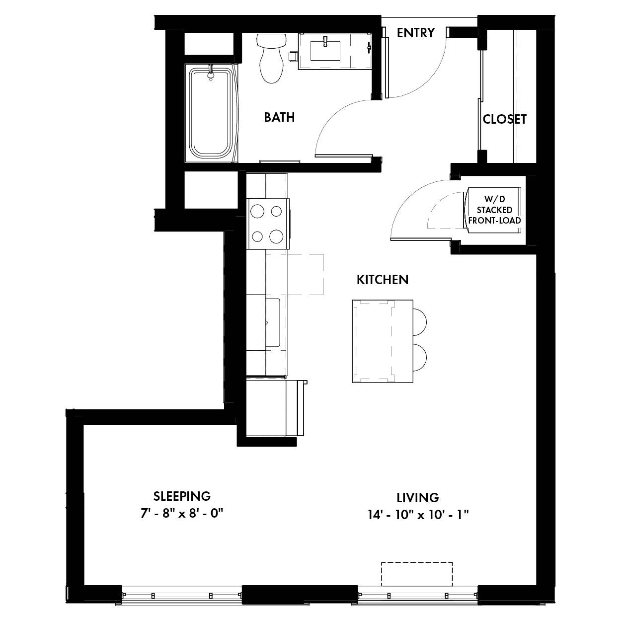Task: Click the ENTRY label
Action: click(x=415, y=33)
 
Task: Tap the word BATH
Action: click(x=279, y=117)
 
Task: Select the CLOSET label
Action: click(x=504, y=120)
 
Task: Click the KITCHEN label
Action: click(x=383, y=280)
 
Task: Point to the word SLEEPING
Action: click(x=182, y=496)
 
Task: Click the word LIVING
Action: click(x=418, y=498)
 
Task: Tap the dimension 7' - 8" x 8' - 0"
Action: click(x=182, y=513)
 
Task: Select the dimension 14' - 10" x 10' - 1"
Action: click(x=418, y=515)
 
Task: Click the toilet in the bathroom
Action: click(x=271, y=58)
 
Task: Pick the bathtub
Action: click(x=211, y=113)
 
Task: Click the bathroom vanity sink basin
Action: click(x=325, y=51)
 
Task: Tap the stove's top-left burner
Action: click(x=257, y=212)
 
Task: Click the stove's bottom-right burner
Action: click(x=276, y=237)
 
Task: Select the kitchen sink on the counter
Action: click(x=273, y=322)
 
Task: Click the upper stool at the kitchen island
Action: click(x=420, y=322)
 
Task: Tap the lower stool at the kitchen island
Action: click(x=420, y=357)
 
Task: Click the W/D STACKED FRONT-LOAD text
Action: click(x=494, y=210)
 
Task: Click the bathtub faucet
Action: click(x=211, y=73)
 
